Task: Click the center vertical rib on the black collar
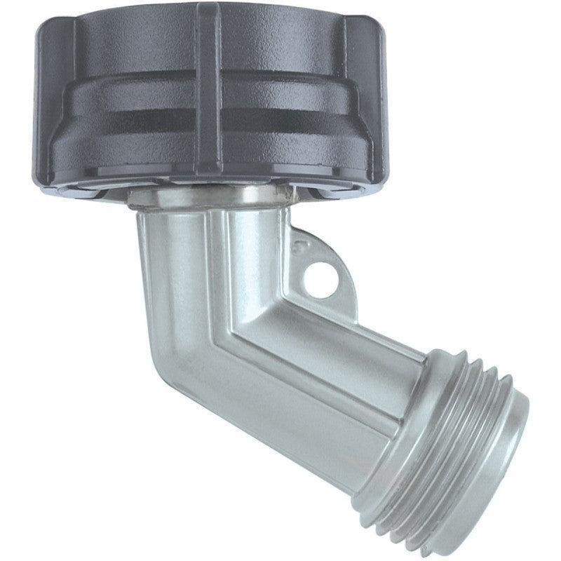(x=208, y=91)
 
